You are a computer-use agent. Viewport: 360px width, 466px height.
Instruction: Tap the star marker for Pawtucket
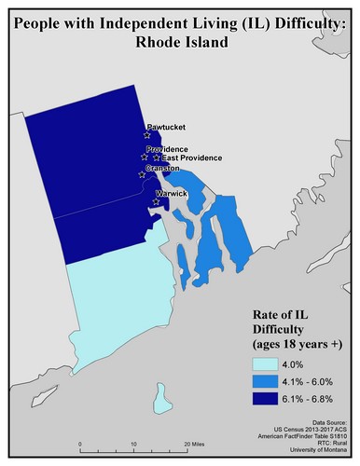coord(147,135)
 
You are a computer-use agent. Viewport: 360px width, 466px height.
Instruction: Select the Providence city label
coord(168,149)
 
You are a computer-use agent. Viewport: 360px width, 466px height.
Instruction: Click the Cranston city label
coord(163,168)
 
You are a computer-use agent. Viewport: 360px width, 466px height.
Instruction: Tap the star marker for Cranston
coord(142,174)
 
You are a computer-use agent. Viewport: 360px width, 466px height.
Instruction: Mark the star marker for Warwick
coord(156,199)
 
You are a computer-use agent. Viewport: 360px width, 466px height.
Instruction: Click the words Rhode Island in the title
coord(179,42)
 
